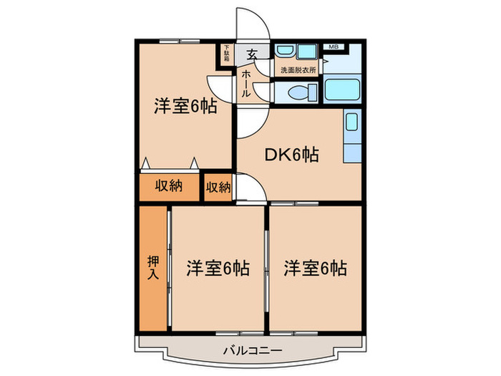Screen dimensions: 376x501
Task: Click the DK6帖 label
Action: click(x=293, y=153)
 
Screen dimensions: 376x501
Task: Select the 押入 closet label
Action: click(x=154, y=266)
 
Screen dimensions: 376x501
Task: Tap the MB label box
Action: click(x=332, y=47)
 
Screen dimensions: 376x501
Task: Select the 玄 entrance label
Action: click(x=253, y=54)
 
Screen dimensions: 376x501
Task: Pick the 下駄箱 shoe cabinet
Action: click(x=226, y=53)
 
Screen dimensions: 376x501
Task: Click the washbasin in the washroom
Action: click(x=285, y=52)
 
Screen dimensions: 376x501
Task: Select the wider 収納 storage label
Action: click(x=169, y=186)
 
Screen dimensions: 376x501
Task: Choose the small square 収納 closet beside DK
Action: click(x=218, y=188)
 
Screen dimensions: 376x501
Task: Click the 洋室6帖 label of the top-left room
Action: click(x=185, y=107)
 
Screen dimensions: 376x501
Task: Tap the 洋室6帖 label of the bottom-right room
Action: click(x=315, y=269)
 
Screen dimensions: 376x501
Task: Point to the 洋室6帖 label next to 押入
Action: click(x=218, y=269)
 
